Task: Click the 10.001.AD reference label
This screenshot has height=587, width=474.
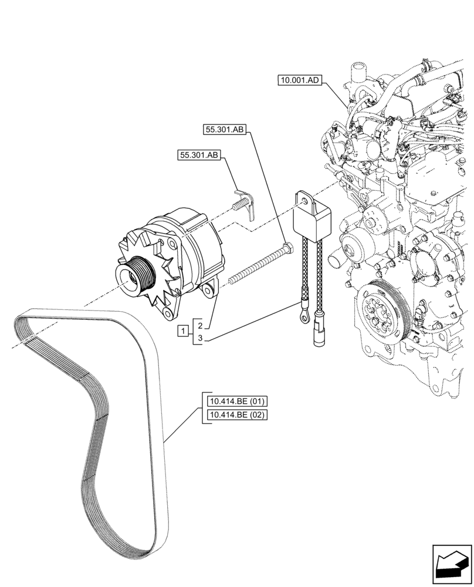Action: point(299,80)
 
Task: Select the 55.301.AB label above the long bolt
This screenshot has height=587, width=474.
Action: point(225,130)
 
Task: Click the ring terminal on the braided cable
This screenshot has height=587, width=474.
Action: point(304,318)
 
